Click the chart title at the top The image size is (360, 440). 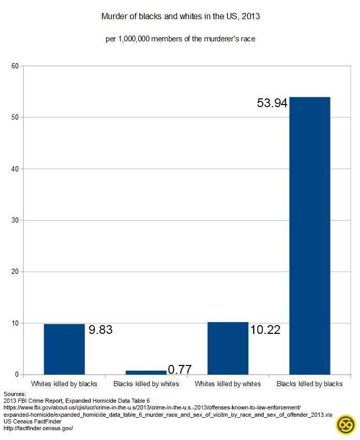[180, 17]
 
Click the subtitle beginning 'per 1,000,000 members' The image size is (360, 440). [180, 39]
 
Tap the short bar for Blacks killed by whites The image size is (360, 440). [146, 372]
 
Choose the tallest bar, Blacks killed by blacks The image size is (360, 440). [309, 236]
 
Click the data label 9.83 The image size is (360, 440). [100, 330]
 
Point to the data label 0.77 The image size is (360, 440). [180, 370]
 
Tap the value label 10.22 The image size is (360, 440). [265, 330]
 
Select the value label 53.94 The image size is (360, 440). [272, 103]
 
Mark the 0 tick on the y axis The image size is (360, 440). [17, 375]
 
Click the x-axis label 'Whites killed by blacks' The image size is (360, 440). [64, 384]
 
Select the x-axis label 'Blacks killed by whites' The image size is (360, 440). [146, 384]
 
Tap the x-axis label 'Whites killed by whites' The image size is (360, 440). [227, 384]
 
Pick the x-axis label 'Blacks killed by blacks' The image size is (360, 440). [309, 384]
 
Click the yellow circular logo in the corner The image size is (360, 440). [345, 425]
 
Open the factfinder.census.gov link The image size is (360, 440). [38, 429]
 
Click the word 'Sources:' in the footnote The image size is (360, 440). [15, 394]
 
